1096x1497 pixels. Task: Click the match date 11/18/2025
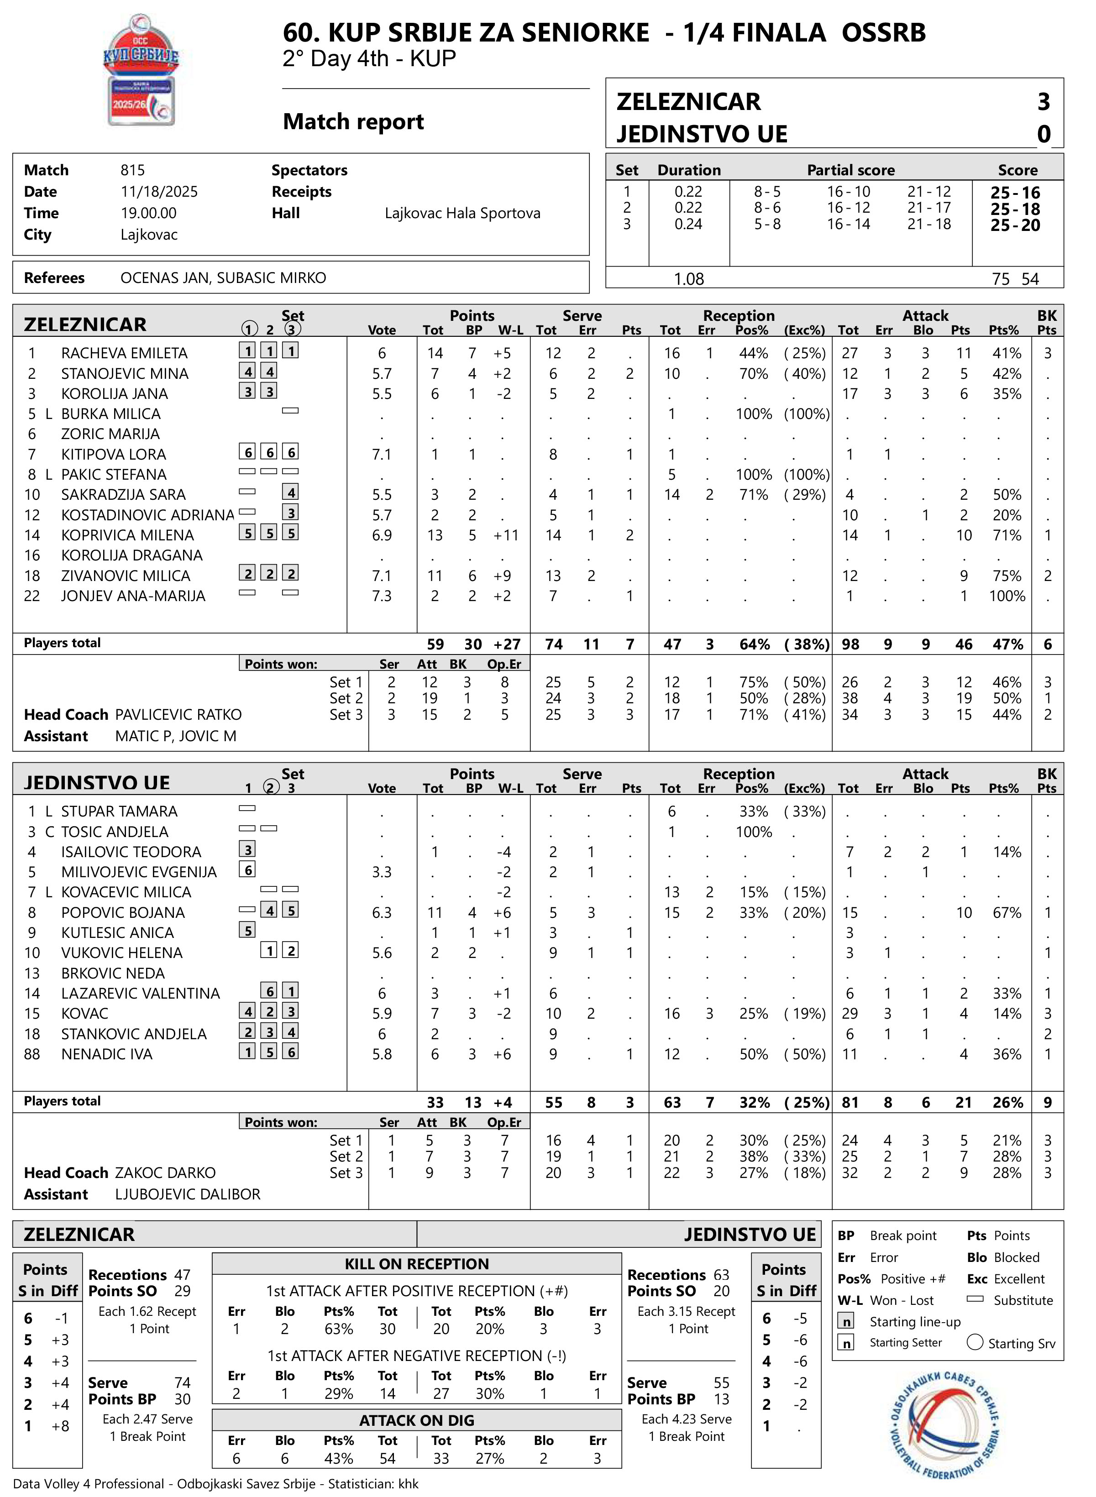pyautogui.click(x=159, y=192)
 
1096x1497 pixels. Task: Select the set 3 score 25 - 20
pyautogui.click(x=1015, y=225)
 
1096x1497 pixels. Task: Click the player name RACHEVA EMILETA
pyautogui.click(x=124, y=353)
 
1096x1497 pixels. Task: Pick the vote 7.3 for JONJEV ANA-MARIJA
pyautogui.click(x=382, y=596)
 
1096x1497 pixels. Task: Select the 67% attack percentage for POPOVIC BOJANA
pyautogui.click(x=1007, y=913)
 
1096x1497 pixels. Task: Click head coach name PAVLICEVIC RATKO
pyautogui.click(x=178, y=714)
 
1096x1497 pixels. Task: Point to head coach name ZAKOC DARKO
pyautogui.click(x=165, y=1172)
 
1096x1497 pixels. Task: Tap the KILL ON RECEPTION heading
pyautogui.click(x=417, y=1263)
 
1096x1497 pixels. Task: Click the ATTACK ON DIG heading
pyautogui.click(x=417, y=1420)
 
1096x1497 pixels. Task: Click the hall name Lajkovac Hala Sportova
pyautogui.click(x=462, y=213)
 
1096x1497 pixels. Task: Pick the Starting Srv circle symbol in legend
pyautogui.click(x=975, y=1342)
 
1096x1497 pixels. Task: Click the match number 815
pyautogui.click(x=133, y=170)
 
